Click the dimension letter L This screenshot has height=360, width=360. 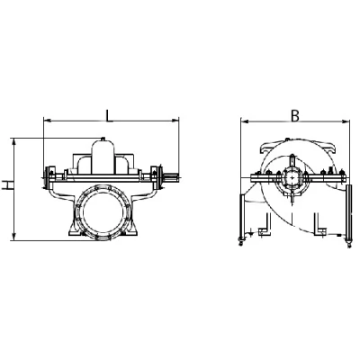[109, 116]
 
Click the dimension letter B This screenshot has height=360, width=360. [295, 116]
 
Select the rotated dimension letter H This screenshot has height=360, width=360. [6, 185]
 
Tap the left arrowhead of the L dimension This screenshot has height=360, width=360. [47, 121]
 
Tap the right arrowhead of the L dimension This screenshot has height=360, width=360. [175, 121]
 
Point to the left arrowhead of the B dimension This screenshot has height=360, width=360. [244, 121]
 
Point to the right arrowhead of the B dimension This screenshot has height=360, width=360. [346, 121]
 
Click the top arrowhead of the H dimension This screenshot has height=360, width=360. [13, 142]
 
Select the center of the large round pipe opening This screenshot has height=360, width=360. [103, 211]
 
